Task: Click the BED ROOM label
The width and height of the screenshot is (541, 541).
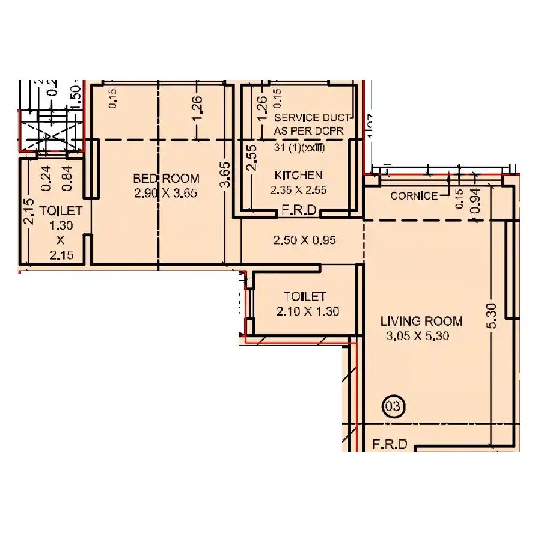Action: point(165,179)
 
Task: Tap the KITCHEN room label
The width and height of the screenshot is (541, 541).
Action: point(298,175)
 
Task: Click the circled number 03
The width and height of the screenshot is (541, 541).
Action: point(393,406)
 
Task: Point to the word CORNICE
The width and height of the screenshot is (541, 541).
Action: point(414,196)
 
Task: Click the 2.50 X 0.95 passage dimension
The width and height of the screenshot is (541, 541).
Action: point(304,240)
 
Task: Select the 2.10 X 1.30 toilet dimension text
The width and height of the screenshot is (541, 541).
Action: point(308,311)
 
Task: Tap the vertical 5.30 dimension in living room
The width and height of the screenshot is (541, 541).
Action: point(492,315)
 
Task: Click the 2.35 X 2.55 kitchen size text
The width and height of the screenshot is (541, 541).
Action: point(298,190)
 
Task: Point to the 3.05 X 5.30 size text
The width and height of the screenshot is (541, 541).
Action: point(418,336)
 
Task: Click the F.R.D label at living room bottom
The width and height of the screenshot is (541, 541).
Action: point(390,445)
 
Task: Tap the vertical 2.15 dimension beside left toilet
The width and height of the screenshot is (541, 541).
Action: point(28,212)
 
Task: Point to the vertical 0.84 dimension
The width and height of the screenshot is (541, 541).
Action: point(67,178)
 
